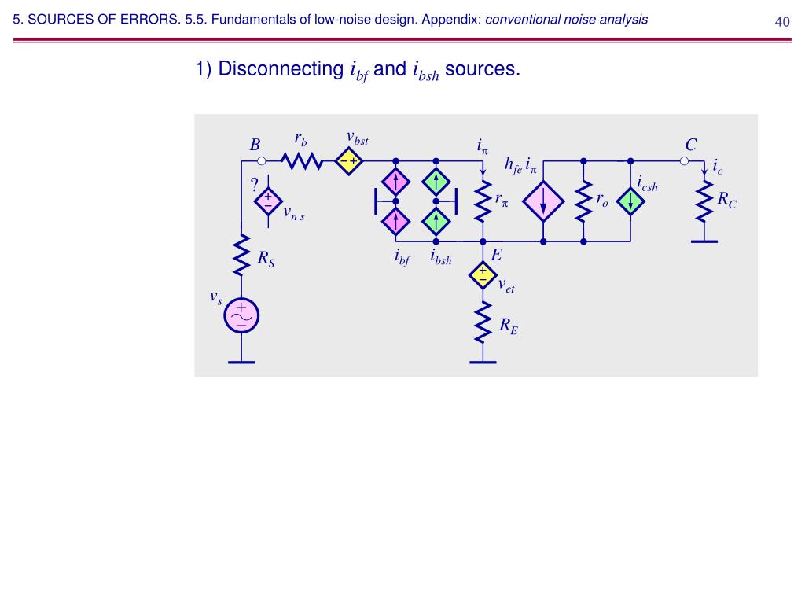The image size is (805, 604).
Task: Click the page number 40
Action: (x=781, y=21)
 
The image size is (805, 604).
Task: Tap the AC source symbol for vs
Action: (x=241, y=315)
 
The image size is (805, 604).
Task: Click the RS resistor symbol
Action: (x=241, y=253)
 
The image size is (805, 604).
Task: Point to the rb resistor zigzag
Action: (x=302, y=161)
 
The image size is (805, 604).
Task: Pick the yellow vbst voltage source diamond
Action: (x=347, y=161)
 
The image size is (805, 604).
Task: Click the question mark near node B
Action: (x=254, y=186)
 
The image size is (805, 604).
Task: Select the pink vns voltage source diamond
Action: (x=268, y=201)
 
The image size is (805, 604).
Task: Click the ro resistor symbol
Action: (x=583, y=202)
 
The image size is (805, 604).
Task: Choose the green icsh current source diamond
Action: (x=630, y=201)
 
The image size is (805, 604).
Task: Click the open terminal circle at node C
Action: (x=684, y=161)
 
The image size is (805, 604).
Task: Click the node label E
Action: (x=496, y=256)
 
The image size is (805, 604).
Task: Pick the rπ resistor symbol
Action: (x=482, y=202)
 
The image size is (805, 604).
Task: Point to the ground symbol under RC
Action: (x=705, y=240)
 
